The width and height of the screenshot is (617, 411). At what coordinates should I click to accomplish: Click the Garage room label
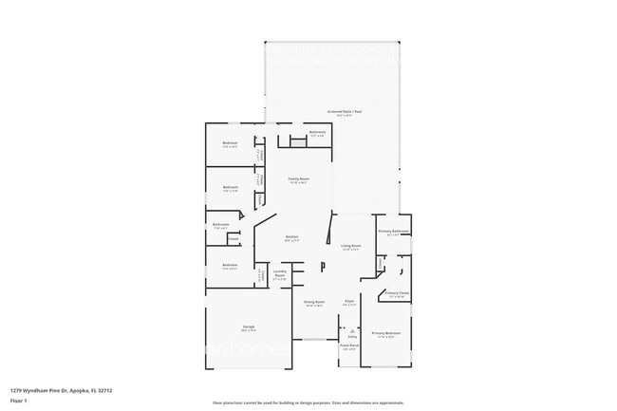(x=249, y=327)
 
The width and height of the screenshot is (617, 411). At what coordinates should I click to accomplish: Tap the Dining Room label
(x=313, y=302)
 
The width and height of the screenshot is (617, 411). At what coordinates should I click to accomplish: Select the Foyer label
(x=349, y=302)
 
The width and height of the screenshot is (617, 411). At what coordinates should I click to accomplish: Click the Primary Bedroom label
(x=385, y=333)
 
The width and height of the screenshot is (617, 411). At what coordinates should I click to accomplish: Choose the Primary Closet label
(x=397, y=293)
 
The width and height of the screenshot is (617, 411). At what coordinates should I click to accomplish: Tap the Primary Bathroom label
(x=394, y=232)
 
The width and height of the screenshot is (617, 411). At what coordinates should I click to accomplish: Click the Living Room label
(x=351, y=246)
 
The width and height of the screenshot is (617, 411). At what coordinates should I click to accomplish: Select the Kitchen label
(x=292, y=236)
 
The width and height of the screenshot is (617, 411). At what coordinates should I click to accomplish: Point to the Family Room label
(x=299, y=179)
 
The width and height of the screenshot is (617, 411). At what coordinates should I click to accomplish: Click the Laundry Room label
(x=280, y=273)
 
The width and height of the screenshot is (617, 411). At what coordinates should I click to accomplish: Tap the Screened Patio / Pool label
(x=344, y=111)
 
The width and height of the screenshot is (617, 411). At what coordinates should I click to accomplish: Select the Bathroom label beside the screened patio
(x=317, y=132)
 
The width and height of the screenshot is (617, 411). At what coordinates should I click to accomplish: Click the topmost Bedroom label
(x=230, y=143)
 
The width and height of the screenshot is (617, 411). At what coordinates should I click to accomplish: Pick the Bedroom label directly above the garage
(x=230, y=265)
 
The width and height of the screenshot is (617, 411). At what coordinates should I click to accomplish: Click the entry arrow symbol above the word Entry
(x=352, y=331)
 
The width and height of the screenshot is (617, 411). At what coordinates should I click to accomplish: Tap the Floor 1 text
(x=18, y=401)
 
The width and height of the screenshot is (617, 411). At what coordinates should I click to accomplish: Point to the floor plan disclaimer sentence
(x=308, y=402)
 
